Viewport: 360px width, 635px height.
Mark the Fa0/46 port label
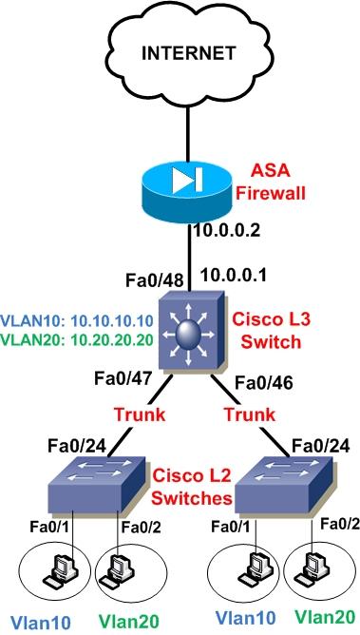point(259,384)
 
